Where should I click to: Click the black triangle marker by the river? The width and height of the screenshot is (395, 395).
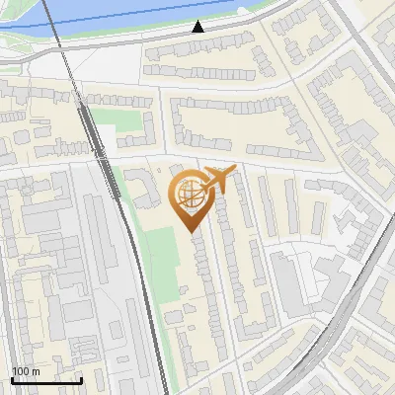point(198,27)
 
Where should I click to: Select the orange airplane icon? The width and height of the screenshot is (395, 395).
point(218,179)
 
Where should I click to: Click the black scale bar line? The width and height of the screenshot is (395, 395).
point(46,380)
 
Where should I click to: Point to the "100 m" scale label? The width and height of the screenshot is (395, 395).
point(26,371)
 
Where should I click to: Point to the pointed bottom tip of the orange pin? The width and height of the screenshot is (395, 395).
point(191,230)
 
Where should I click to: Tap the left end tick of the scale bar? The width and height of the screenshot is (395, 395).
point(12,378)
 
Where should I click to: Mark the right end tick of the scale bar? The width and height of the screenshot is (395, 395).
point(81,378)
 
